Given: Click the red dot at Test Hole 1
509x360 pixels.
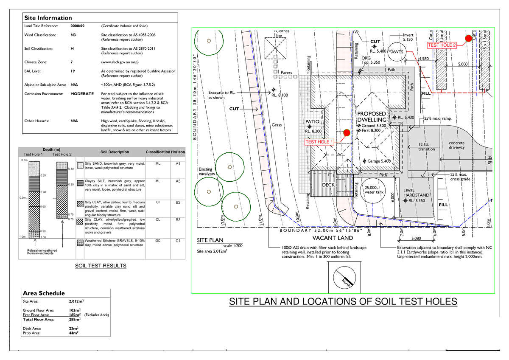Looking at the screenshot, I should [347, 133].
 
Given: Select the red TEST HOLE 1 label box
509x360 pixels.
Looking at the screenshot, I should [320, 142].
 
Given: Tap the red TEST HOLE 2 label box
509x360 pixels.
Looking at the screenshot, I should [442, 45].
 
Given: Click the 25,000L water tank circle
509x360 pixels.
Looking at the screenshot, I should [374, 189].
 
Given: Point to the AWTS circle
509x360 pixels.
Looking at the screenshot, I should [397, 51].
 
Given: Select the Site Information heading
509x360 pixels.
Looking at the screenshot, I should [48, 18].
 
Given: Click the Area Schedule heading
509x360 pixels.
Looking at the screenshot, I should [44, 293].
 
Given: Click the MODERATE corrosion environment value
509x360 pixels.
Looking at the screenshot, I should [82, 93].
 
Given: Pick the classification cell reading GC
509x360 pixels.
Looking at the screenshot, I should [158, 241].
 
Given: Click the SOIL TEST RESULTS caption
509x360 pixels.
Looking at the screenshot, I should [101, 266].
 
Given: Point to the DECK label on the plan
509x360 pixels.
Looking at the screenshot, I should [329, 185].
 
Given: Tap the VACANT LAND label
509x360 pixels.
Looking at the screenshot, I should [333, 238].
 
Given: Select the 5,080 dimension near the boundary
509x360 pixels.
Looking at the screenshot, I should [416, 239].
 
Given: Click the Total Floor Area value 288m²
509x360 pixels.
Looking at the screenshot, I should [75, 319].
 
